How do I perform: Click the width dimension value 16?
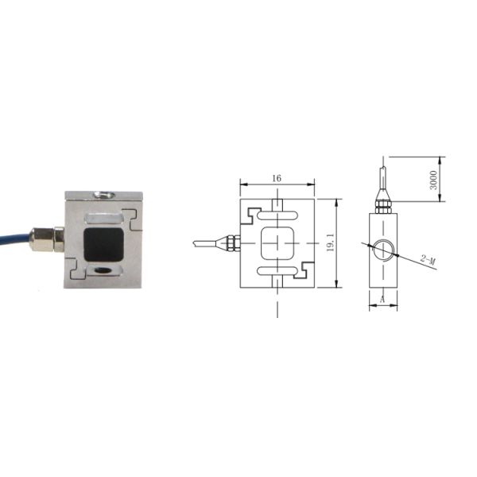point(277,179)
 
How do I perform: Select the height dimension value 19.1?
point(330,243)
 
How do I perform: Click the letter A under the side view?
point(382,300)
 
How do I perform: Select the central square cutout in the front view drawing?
point(277,243)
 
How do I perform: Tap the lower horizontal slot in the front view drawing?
point(277,273)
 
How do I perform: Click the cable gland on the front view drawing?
point(231,242)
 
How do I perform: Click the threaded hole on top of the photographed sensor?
point(102,192)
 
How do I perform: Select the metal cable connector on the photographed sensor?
point(47,238)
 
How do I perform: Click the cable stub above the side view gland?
point(383,176)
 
